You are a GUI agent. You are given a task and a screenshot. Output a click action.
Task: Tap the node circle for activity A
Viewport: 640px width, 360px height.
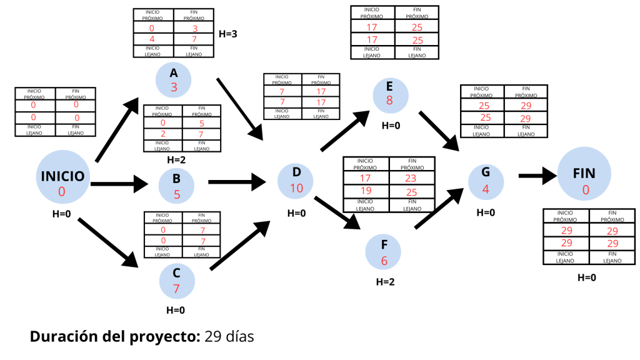[174, 80]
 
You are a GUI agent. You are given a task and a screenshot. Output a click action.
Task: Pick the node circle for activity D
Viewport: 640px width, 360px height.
[296, 180]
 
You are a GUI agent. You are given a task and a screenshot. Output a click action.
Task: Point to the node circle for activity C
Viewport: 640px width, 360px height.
[176, 281]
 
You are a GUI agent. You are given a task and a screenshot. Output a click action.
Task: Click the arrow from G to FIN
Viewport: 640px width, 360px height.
[537, 176]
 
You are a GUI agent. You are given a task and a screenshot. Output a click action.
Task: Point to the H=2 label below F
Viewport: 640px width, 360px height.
[385, 282]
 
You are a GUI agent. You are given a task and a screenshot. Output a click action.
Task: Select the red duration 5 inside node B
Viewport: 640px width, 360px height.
[177, 194]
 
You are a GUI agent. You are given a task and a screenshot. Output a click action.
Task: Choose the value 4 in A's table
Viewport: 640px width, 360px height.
[152, 39]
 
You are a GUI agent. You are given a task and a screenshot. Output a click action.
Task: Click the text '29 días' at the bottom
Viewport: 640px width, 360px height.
[229, 336]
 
